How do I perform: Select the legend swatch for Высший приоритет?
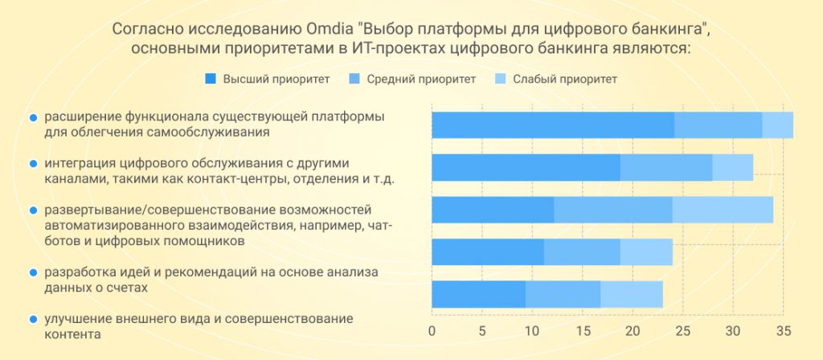click(x=211, y=79)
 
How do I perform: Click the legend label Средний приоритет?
click(x=422, y=79)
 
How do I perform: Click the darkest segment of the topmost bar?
click(x=553, y=125)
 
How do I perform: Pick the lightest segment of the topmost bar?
click(x=777, y=125)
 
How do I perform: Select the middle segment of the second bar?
click(x=666, y=167)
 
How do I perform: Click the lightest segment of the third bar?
click(x=723, y=209)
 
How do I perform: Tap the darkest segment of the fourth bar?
click(x=488, y=252)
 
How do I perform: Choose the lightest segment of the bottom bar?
click(x=632, y=294)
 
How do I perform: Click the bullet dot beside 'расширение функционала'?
click(x=33, y=117)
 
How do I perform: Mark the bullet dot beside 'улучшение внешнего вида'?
click(x=33, y=319)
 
